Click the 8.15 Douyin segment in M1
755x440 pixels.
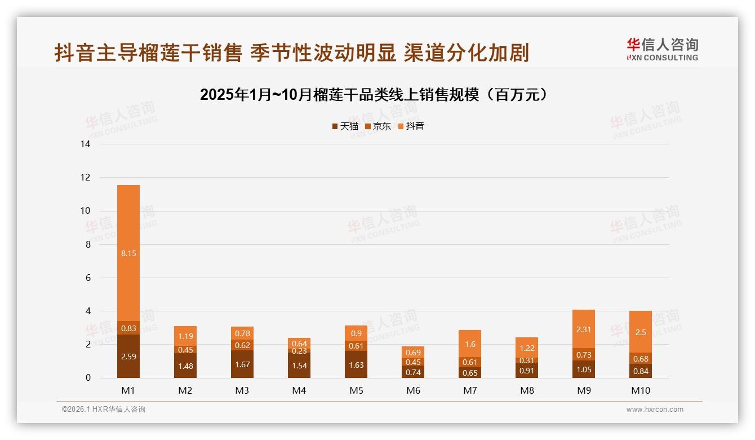[128, 253]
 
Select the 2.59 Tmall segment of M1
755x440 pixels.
[128, 357]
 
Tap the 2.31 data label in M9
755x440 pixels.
[584, 329]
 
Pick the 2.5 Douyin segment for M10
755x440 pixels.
[641, 332]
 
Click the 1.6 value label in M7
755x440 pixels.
[470, 344]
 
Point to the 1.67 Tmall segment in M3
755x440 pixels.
[242, 364]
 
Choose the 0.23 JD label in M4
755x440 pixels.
[299, 351]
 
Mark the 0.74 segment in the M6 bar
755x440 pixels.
[413, 372]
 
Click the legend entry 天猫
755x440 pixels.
[345, 126]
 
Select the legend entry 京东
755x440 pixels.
[378, 126]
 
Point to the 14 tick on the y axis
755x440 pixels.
[85, 144]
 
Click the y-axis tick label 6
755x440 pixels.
[87, 278]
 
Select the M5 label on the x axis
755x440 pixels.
[356, 390]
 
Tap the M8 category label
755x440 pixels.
[527, 390]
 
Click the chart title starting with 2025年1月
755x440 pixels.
[374, 95]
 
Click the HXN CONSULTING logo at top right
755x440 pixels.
[662, 49]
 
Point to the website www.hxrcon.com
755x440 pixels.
[655, 410]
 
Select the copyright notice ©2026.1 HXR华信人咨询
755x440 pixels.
[104, 410]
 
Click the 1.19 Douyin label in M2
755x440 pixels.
[185, 336]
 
